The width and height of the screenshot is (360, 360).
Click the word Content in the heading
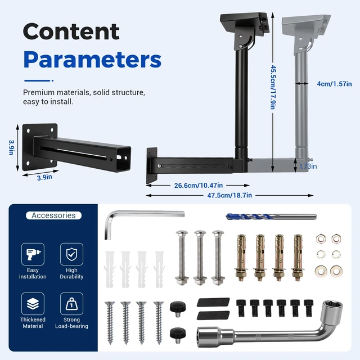71,31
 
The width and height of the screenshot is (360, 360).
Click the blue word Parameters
92,60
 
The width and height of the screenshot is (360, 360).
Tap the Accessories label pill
53,215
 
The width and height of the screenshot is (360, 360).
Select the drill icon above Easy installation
33,254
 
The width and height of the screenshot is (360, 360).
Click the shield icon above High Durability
71,254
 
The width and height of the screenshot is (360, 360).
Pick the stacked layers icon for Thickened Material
33,304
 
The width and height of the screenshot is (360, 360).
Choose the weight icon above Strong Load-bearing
71,304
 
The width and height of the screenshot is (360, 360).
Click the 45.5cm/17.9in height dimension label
273,87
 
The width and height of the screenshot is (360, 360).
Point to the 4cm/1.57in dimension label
334,84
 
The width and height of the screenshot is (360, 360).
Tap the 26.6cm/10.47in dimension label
199,185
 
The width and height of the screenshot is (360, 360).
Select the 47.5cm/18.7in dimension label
229,195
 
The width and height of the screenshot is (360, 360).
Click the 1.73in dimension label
308,166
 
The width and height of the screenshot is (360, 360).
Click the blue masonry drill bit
271,217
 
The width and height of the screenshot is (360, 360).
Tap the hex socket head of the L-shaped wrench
332,310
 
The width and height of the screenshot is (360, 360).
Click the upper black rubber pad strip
213,302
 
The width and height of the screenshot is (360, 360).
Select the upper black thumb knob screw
178,309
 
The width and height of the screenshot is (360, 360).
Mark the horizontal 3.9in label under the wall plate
44,177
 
